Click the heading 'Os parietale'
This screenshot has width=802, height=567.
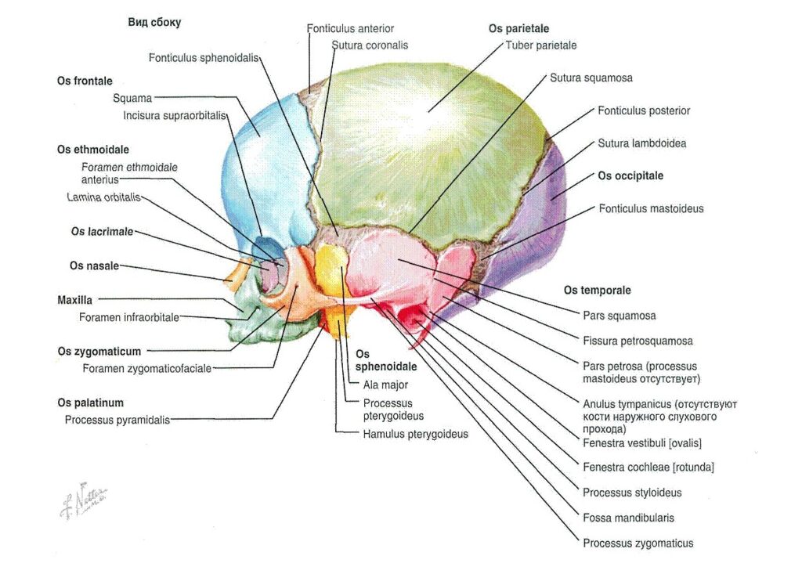click(518, 29)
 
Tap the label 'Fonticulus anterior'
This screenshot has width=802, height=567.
click(350, 29)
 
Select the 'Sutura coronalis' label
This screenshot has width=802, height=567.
click(370, 45)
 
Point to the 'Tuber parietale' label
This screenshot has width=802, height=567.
click(540, 45)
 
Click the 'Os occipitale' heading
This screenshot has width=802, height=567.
click(630, 176)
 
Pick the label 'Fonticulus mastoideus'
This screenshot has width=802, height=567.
click(651, 208)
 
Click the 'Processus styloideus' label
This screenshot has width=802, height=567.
click(632, 493)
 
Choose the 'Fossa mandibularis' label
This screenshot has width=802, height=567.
click(629, 518)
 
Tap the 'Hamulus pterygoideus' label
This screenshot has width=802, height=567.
click(415, 434)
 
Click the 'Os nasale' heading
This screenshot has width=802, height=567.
click(94, 265)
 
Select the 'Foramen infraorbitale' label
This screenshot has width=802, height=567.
click(129, 317)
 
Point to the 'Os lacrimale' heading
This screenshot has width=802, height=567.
click(102, 232)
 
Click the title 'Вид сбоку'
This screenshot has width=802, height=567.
click(154, 23)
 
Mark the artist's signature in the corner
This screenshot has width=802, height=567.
click(83, 500)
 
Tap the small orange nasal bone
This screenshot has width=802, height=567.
click(237, 271)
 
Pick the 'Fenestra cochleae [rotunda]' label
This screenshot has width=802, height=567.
click(648, 468)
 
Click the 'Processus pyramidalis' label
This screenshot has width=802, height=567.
click(117, 421)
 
